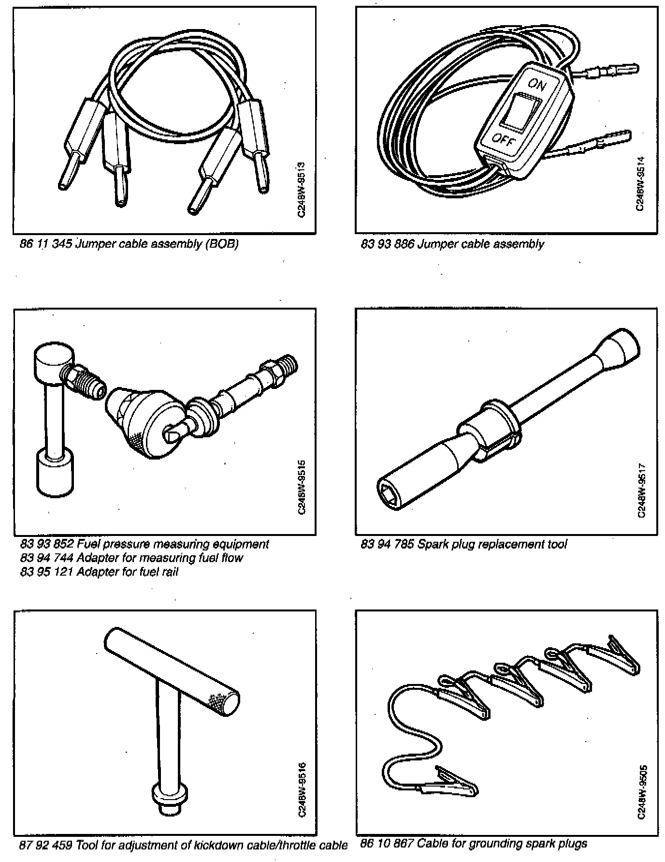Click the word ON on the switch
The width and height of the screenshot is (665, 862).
[x=536, y=85]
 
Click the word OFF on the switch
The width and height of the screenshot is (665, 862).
[x=504, y=140]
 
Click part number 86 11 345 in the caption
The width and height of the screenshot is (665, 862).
[x=46, y=244]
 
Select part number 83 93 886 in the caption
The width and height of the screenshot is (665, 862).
[x=387, y=244]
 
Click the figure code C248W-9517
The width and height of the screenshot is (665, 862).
[x=641, y=490]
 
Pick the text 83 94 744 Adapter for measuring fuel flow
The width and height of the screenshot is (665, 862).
[x=131, y=558]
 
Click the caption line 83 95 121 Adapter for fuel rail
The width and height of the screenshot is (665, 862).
[x=99, y=572]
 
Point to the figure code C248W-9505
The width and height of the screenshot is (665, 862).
[x=641, y=791]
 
